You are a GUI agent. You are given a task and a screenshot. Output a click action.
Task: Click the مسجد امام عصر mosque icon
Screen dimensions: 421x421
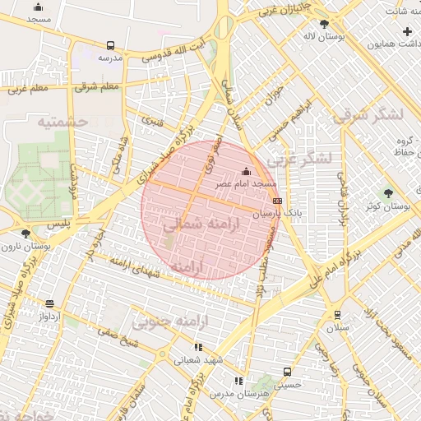(246, 171)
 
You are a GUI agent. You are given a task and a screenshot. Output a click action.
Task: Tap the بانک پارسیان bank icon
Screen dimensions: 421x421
(277, 200)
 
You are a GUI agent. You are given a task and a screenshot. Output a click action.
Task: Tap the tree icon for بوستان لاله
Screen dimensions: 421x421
(324, 24)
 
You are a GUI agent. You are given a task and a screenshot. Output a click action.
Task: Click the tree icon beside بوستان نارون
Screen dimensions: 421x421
(26, 233)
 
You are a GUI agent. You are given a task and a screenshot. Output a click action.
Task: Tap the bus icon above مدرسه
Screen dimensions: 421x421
(110, 46)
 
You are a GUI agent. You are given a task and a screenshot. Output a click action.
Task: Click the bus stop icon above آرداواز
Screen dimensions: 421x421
(49, 303)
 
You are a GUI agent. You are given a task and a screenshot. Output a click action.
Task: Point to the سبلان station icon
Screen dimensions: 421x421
(337, 314)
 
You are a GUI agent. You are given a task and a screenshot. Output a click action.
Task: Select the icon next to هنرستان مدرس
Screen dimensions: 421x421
(238, 381)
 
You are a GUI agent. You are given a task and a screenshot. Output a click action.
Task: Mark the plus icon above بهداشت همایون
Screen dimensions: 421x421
(407, 31)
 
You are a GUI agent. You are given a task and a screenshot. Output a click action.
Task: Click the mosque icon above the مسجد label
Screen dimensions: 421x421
(38, 7)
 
